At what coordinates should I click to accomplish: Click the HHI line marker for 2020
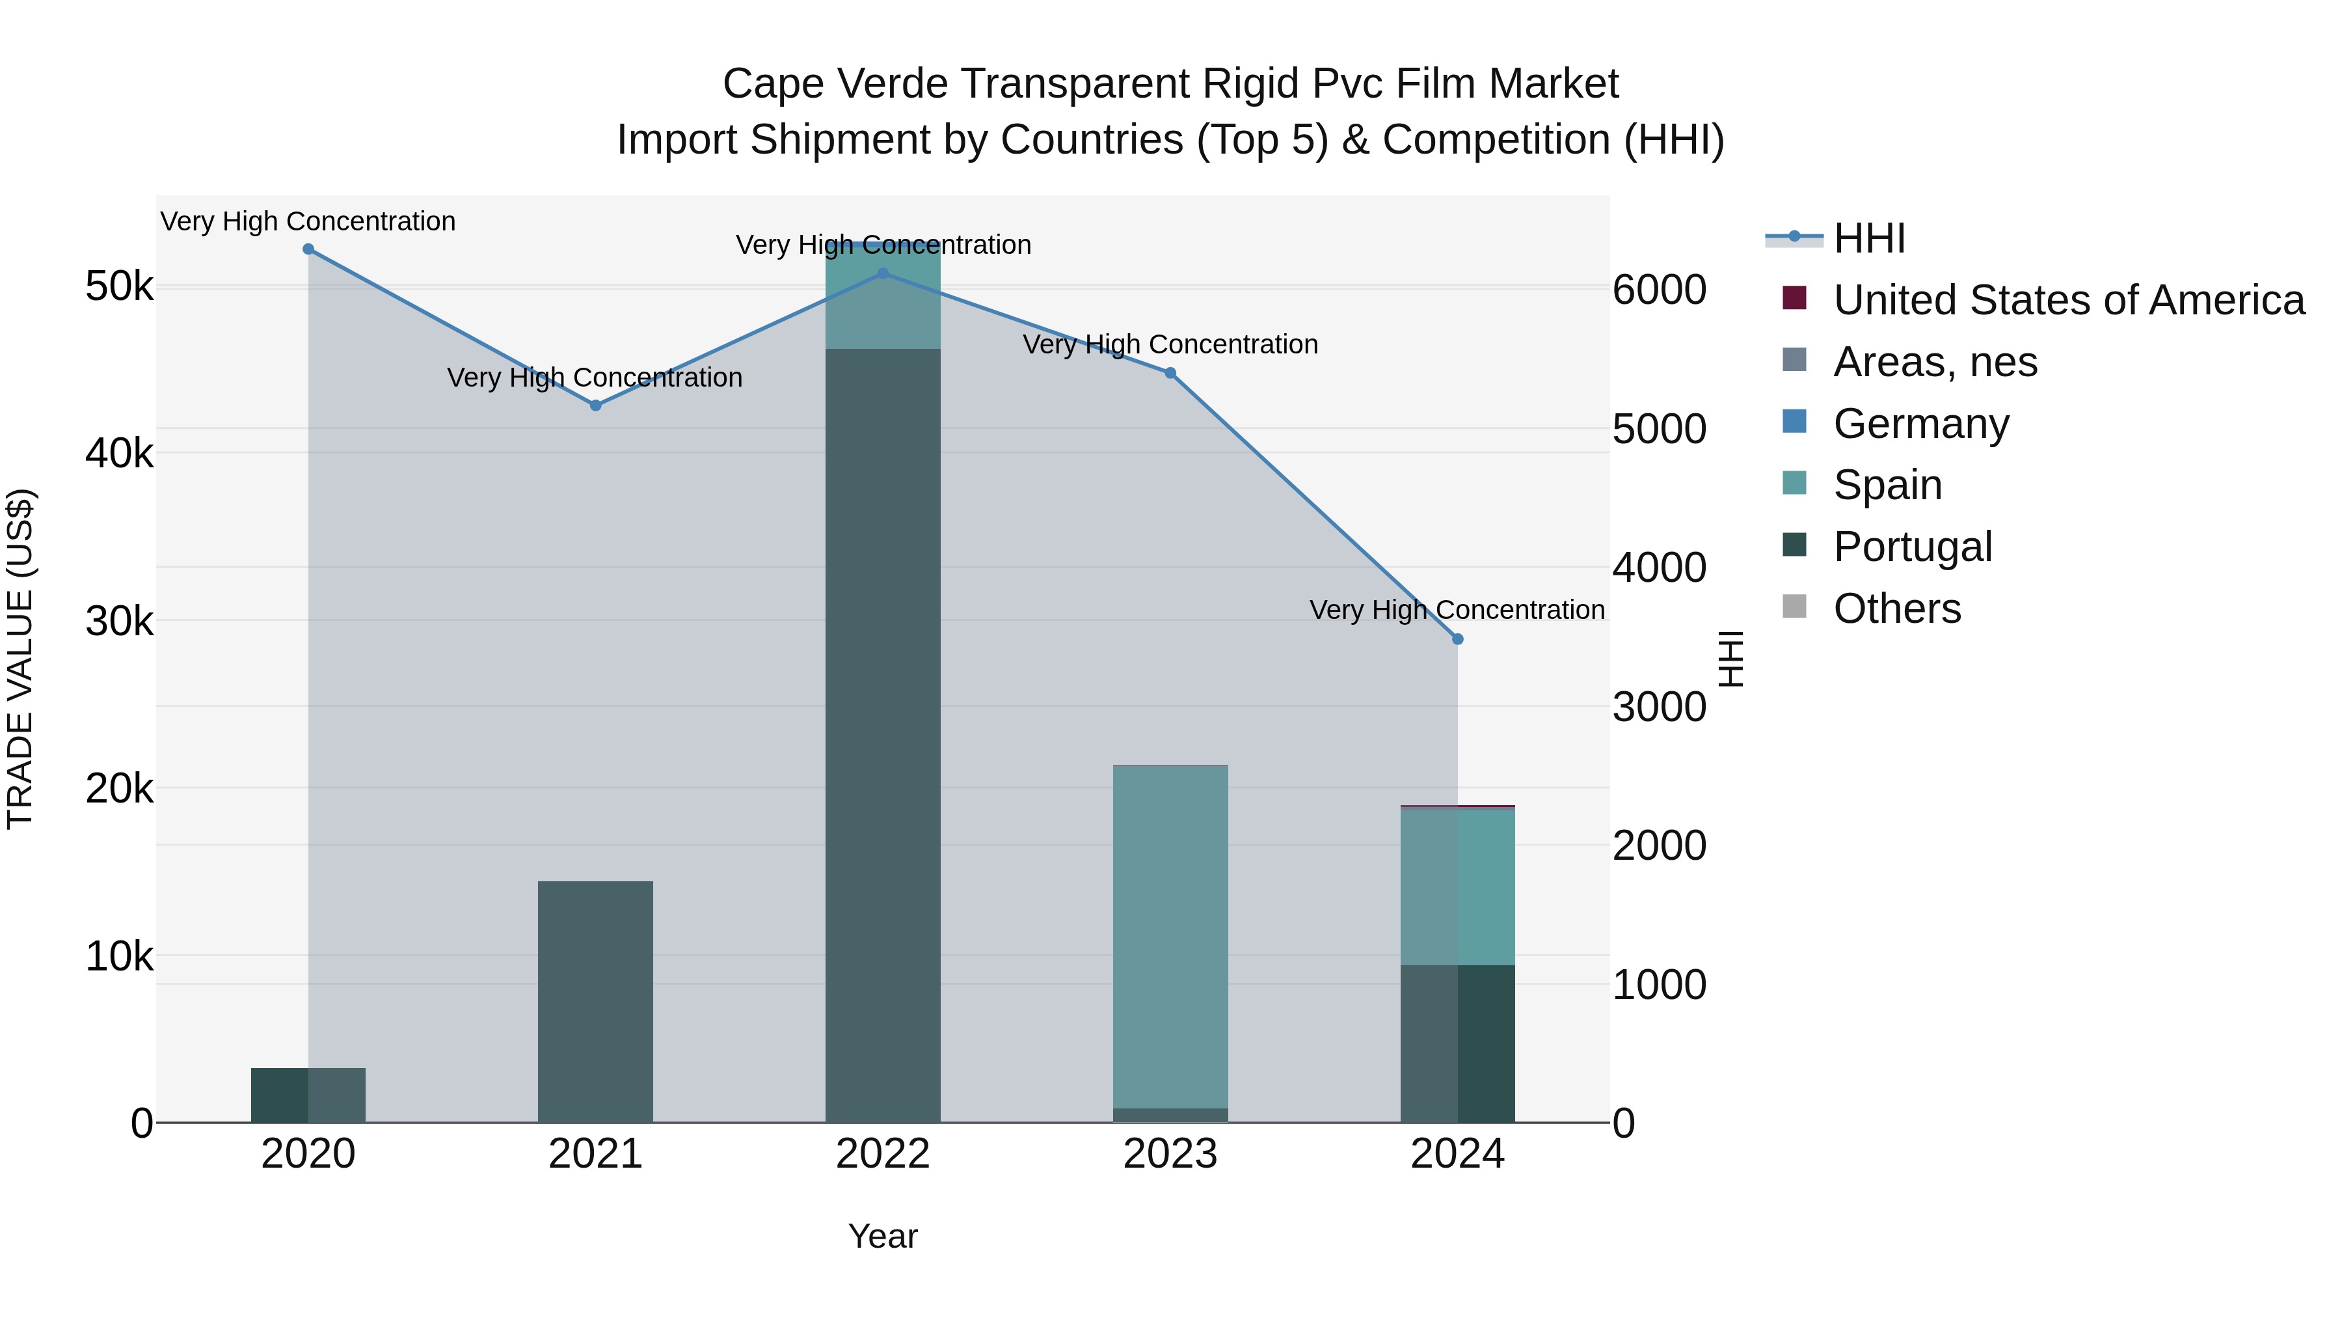pyautogui.click(x=308, y=249)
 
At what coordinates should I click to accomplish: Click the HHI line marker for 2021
pyautogui.click(x=595, y=405)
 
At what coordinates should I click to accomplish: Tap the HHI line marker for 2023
pyautogui.click(x=1170, y=373)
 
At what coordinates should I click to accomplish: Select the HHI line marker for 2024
pyautogui.click(x=1457, y=639)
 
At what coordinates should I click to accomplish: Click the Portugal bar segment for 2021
pyautogui.click(x=595, y=1000)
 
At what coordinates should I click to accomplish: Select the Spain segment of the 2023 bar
pyautogui.click(x=1170, y=937)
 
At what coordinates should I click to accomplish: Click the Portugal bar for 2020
pyautogui.click(x=308, y=1095)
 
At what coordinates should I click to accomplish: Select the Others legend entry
pyautogui.click(x=1896, y=609)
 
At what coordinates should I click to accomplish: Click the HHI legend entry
pyautogui.click(x=1868, y=238)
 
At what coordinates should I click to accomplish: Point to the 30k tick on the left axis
pyautogui.click(x=119, y=622)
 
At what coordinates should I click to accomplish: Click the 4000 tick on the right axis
pyautogui.click(x=1659, y=568)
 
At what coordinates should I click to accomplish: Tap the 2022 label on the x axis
pyautogui.click(x=883, y=1154)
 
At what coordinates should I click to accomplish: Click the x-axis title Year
pyautogui.click(x=883, y=1236)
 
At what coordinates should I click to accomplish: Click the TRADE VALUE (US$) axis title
pyautogui.click(x=20, y=659)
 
